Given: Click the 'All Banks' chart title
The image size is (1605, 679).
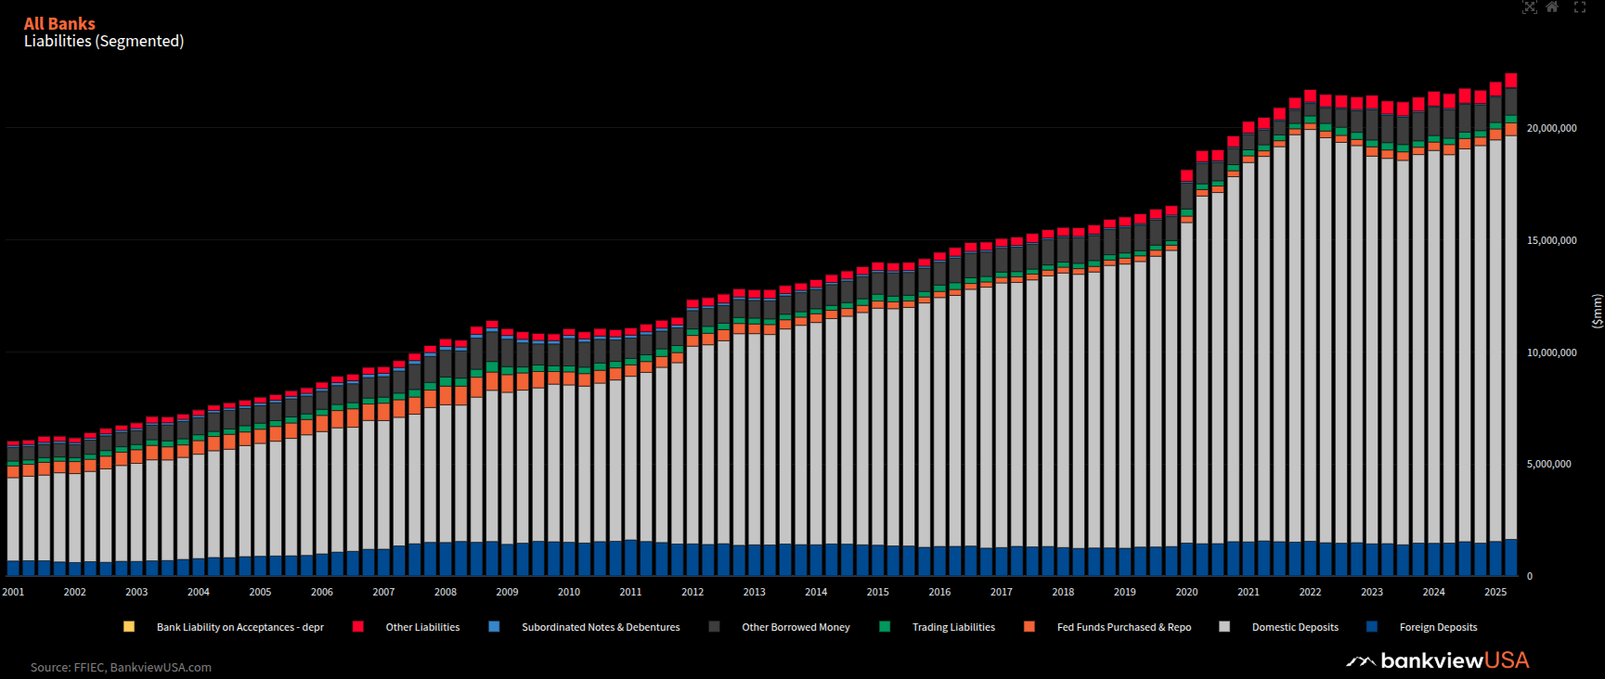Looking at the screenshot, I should click(59, 23).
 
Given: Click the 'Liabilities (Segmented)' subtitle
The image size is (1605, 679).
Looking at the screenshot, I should click(104, 41).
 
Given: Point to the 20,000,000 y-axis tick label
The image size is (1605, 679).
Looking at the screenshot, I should click(1551, 128).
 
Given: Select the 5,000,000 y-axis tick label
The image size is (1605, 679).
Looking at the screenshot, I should click(1551, 464).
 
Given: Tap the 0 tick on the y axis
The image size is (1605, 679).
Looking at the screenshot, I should click(1530, 576).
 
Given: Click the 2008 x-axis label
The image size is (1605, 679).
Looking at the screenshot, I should click(446, 592).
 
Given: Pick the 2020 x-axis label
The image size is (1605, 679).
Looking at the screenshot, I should click(1186, 592).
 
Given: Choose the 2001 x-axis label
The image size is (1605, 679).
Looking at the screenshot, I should click(14, 592).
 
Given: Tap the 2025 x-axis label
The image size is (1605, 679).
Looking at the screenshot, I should click(1495, 592).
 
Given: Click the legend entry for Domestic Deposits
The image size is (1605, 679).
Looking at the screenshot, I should click(1295, 627).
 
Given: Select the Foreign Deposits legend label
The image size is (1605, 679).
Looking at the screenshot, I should click(1438, 627).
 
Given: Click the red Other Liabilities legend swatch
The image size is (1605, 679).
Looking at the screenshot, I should click(358, 627).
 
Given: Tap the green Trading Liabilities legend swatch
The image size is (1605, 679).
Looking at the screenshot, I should click(885, 627).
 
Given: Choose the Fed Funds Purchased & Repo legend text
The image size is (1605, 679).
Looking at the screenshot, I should click(1123, 627).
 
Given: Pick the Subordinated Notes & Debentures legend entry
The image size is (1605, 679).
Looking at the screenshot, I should click(601, 627).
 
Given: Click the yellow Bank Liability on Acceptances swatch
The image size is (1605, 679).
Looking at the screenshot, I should click(129, 627).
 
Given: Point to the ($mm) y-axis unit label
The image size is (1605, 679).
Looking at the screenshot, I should click(1597, 311).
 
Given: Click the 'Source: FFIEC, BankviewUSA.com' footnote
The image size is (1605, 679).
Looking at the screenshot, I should click(121, 667).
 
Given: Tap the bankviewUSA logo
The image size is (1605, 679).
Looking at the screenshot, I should click(1438, 660).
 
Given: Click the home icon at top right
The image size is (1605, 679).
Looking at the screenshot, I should click(1552, 7).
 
